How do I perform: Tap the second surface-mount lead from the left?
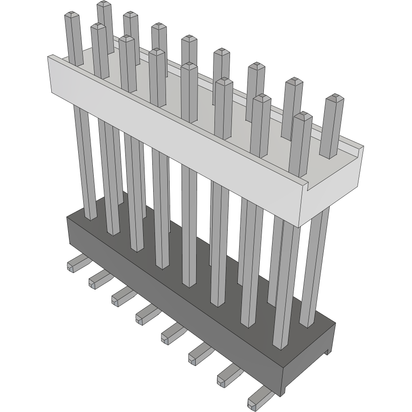coord(96,278)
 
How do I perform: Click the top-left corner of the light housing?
coord(49,56)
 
